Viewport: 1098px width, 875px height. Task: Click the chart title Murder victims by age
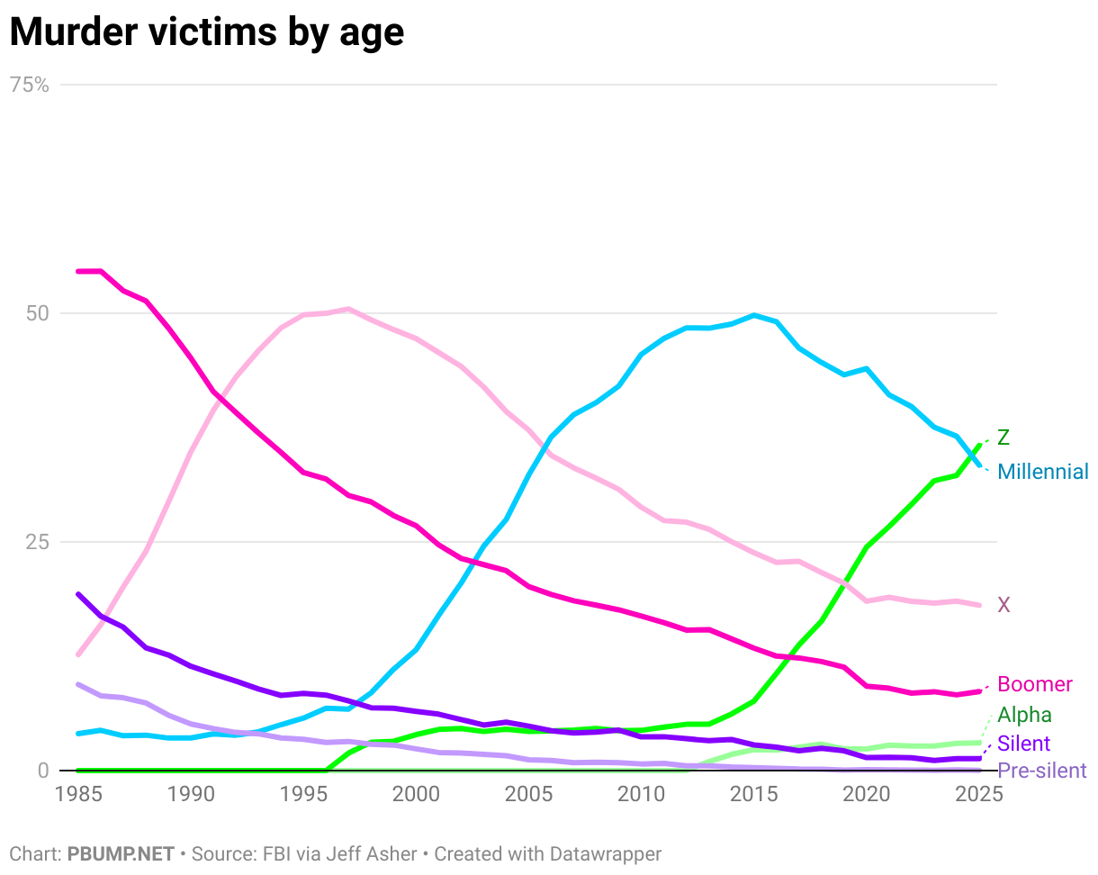(x=206, y=32)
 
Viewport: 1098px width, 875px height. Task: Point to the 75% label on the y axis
(x=29, y=85)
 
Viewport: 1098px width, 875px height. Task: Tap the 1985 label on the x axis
(x=77, y=794)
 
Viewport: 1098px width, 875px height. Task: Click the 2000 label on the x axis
(x=415, y=794)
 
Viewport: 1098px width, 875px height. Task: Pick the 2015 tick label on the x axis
(x=753, y=794)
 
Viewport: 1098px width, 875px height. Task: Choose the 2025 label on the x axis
(x=978, y=794)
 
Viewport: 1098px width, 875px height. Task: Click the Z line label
(x=1003, y=438)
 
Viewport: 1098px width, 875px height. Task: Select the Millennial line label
(x=1043, y=472)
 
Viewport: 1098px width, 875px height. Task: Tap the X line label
(x=1003, y=605)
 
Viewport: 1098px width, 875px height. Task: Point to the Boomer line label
(x=1035, y=684)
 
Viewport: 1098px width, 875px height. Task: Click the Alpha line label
(x=1024, y=715)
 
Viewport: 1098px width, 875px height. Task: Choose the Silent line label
(x=1024, y=744)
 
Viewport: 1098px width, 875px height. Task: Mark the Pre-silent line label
(x=1041, y=771)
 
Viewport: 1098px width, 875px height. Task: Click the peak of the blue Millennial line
(x=753, y=315)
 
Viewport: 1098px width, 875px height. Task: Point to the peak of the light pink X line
(x=348, y=309)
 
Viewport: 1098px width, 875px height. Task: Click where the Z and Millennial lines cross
(x=972, y=455)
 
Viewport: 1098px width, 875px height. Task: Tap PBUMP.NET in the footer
(x=120, y=853)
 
